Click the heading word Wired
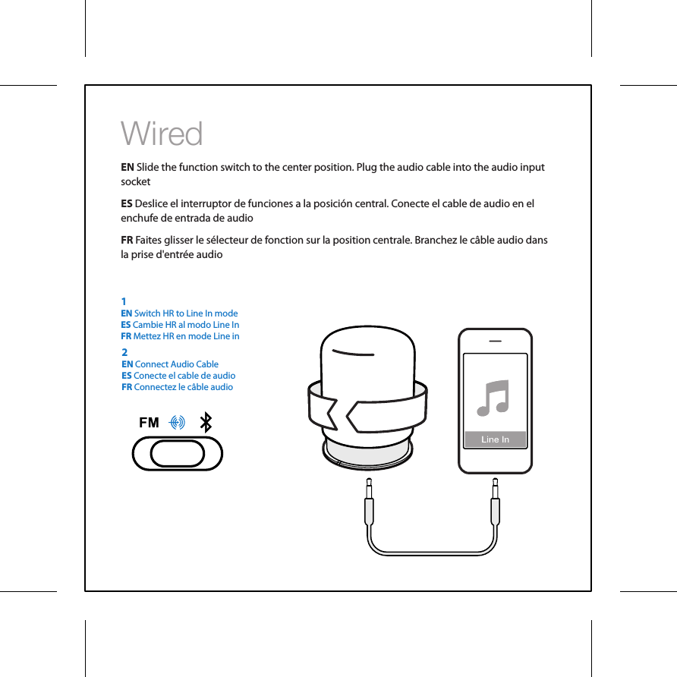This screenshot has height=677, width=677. [162, 134]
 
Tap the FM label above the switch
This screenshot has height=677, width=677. [149, 423]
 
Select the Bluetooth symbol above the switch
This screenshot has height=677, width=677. [205, 423]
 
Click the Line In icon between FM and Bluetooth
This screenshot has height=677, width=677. [178, 423]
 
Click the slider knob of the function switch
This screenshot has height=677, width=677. [178, 454]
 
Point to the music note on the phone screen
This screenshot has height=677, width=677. [494, 397]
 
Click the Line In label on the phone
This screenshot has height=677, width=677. [495, 439]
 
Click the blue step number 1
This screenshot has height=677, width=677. [124, 301]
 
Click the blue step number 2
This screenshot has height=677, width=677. [124, 352]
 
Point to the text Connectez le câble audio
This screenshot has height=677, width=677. [183, 387]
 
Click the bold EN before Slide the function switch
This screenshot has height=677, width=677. [128, 167]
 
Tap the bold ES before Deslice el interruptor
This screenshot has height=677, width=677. [127, 204]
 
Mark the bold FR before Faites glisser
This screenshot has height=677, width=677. [128, 241]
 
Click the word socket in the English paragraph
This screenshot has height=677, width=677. [136, 182]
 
